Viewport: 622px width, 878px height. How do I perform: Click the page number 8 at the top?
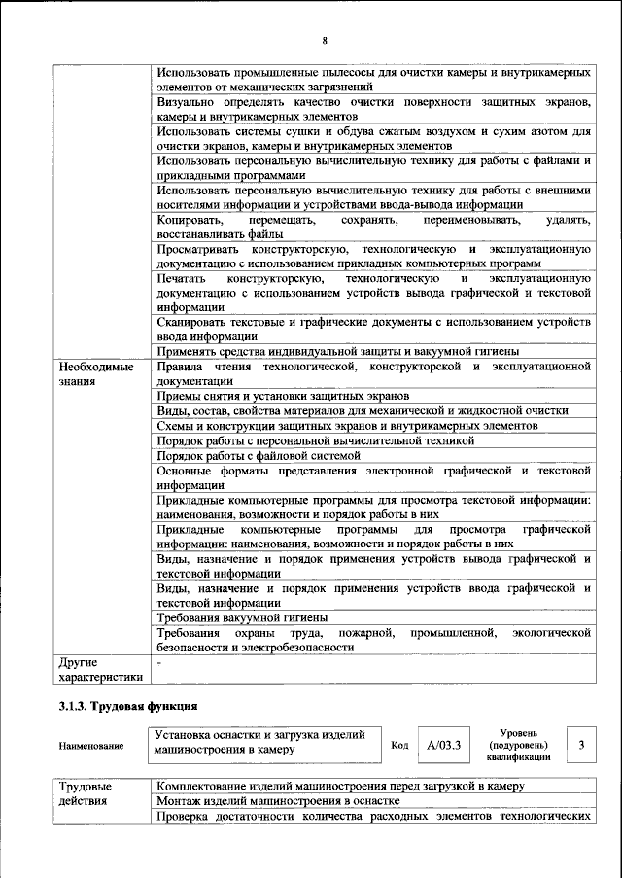(325, 41)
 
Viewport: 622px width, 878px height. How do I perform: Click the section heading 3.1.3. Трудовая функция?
(127, 707)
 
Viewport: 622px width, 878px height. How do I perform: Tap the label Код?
(399, 745)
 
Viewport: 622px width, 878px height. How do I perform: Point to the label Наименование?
(91, 746)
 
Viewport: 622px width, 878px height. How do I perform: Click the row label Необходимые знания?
(97, 374)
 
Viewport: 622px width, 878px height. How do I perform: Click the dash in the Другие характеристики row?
(159, 661)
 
